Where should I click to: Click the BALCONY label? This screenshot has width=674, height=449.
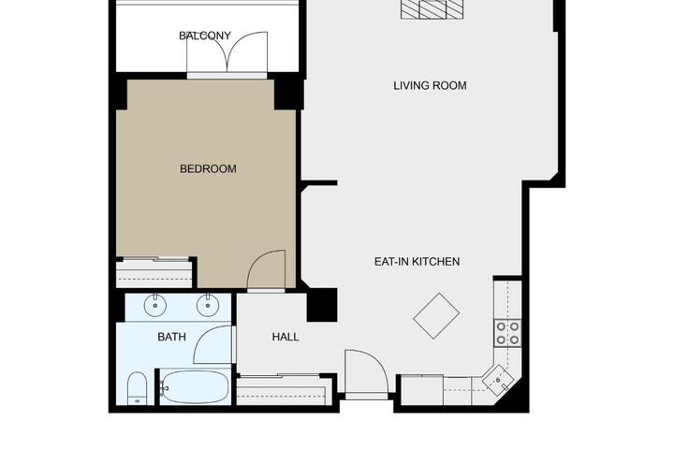point(205,36)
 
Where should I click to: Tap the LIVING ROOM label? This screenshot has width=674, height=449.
point(430,85)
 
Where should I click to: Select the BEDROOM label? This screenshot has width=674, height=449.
point(208,169)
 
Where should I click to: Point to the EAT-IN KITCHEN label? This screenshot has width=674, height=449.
point(417,262)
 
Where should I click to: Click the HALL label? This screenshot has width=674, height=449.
point(286,337)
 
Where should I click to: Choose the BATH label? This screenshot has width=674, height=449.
point(172,337)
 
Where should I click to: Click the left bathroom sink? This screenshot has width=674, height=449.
point(155,305)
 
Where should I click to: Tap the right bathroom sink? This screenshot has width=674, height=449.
point(208,305)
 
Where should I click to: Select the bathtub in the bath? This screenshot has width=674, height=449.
point(196,387)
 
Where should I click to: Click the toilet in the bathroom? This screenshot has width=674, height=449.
point(138,388)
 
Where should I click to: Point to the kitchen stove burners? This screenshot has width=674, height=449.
point(507,333)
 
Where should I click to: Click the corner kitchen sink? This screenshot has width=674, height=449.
point(497,380)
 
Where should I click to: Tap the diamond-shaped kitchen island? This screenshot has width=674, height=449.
point(436,316)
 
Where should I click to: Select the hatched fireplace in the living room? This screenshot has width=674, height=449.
point(432,9)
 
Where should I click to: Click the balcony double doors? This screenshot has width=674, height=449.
point(227,52)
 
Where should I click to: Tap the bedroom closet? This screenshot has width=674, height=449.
point(154,274)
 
